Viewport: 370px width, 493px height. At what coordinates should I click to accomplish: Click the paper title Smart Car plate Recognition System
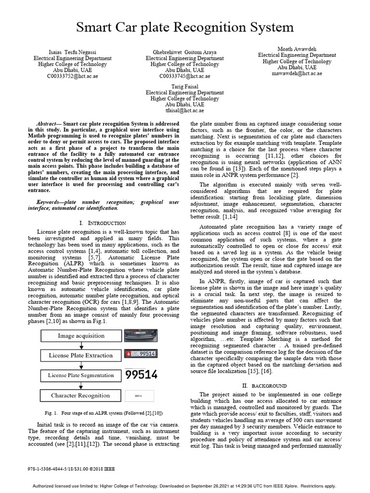185,26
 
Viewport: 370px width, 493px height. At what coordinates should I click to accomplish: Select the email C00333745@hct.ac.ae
185,76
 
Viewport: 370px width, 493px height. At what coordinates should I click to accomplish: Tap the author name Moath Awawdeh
297,49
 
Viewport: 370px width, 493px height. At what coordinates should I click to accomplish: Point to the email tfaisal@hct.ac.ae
185,110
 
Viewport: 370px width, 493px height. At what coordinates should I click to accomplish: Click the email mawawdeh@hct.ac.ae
297,74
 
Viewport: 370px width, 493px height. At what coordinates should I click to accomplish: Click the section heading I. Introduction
102,223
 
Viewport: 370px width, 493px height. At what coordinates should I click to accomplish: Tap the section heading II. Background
264,386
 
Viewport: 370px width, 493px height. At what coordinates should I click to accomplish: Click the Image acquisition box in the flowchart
81,336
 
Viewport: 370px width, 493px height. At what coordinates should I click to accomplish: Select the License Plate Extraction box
81,355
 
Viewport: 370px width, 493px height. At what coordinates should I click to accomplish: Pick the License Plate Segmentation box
81,375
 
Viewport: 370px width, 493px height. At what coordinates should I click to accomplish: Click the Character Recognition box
81,395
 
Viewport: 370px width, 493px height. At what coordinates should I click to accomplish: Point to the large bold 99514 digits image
141,375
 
